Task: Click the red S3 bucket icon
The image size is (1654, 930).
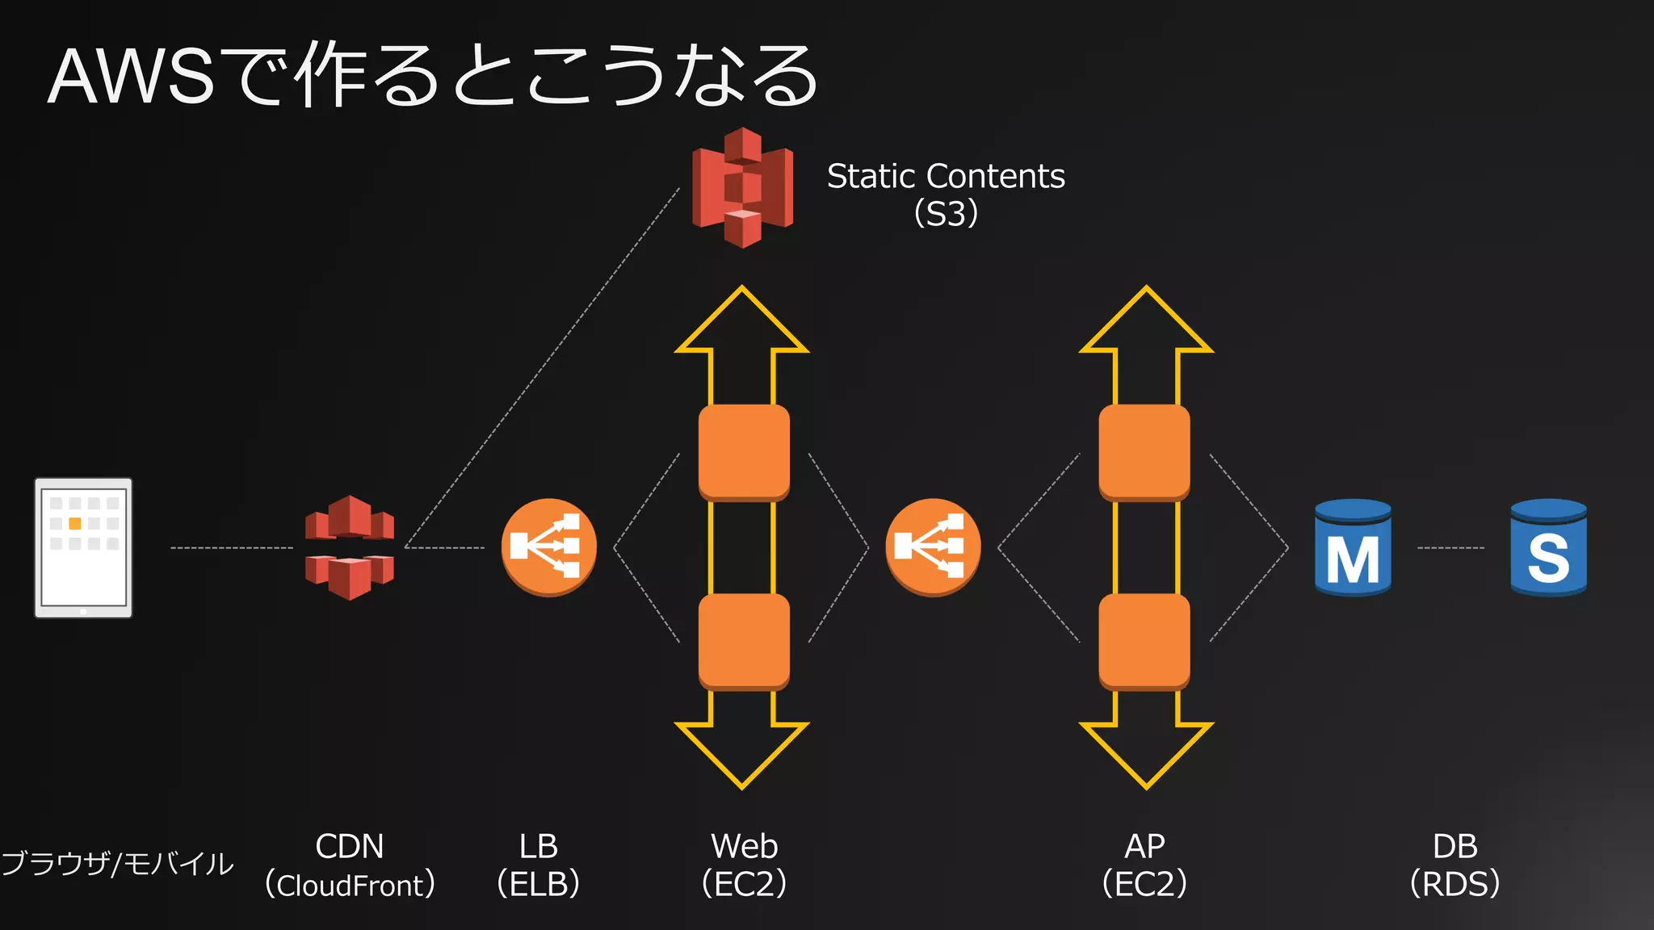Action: point(742,187)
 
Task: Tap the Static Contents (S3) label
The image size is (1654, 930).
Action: point(946,194)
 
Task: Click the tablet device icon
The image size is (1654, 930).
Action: point(83,547)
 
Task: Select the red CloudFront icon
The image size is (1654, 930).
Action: point(350,547)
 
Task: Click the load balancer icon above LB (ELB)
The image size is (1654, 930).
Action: point(548,547)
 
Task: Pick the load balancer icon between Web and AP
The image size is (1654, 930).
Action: point(933,547)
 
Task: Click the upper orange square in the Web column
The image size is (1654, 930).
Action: point(744,452)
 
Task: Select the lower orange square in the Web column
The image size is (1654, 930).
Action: point(744,642)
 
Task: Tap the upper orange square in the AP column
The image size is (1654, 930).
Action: point(1144,452)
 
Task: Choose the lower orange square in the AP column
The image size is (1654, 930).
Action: point(1144,642)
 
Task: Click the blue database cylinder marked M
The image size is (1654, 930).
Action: point(1353,548)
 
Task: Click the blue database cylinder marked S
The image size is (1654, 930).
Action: point(1548,548)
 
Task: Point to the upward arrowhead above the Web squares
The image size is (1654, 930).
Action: point(742,323)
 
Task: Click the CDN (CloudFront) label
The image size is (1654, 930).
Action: point(350,865)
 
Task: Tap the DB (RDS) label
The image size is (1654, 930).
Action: point(1455,865)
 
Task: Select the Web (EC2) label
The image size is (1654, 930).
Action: point(744,865)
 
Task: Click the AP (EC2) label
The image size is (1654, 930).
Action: point(1144,865)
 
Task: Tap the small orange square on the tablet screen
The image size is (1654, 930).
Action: point(75,523)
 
